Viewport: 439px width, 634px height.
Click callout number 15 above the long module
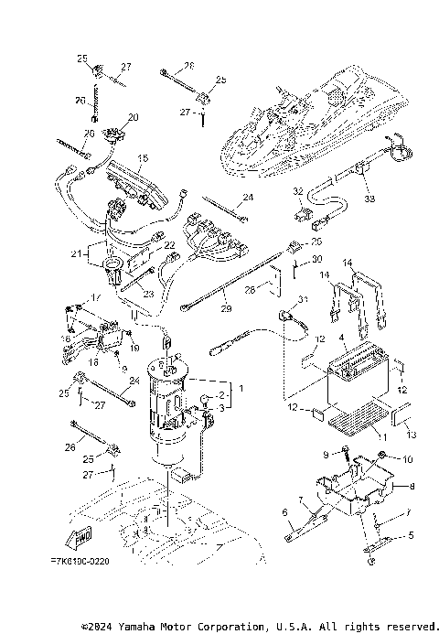pyautogui.click(x=143, y=158)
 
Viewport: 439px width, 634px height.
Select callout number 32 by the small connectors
pyautogui.click(x=297, y=190)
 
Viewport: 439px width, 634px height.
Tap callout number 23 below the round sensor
pyautogui.click(x=148, y=295)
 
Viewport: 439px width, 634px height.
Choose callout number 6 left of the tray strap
pyautogui.click(x=285, y=511)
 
